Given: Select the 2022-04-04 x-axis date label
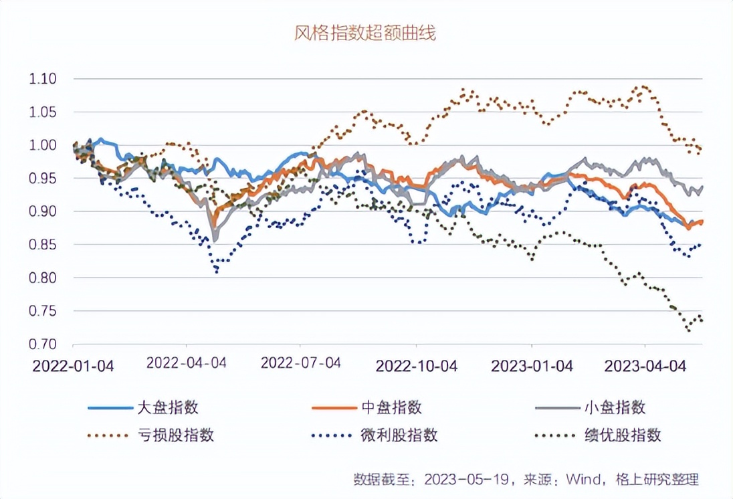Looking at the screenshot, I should (187, 363).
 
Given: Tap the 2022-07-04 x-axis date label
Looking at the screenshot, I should (301, 363).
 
